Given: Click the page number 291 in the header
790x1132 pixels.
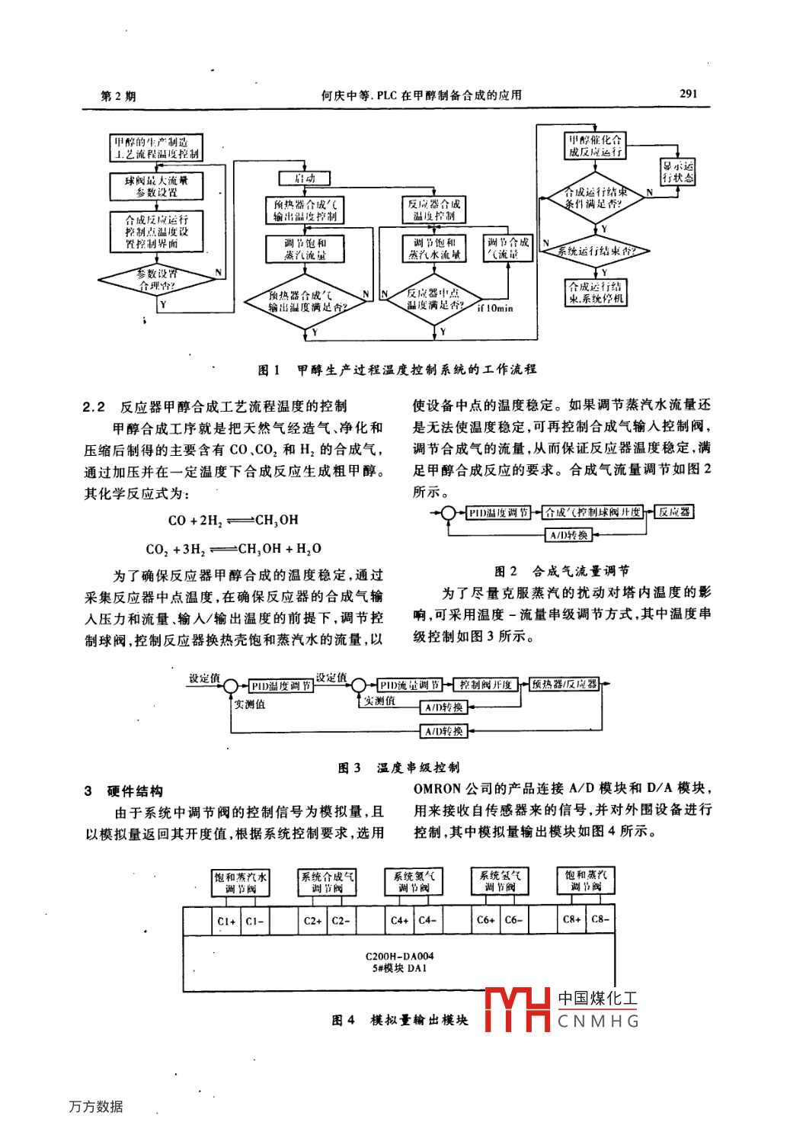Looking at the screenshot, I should (x=687, y=94).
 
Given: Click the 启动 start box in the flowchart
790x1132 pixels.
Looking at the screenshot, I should (x=304, y=178).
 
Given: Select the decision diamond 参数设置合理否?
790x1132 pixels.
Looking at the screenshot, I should (x=158, y=280).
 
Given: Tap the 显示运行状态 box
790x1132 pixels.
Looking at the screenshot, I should (x=677, y=172).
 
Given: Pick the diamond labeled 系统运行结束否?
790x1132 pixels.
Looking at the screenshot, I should (x=595, y=251).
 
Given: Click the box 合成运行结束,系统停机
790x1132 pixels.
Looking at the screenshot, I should (x=595, y=293).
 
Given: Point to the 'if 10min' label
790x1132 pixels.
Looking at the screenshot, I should (x=495, y=309).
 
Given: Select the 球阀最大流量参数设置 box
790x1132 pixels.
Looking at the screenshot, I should (x=156, y=186).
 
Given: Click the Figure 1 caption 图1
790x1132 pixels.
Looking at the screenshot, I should (x=269, y=370).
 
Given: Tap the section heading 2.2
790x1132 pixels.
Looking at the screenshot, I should (x=94, y=406).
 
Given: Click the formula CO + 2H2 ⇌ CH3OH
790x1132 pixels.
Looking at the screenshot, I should (x=233, y=521).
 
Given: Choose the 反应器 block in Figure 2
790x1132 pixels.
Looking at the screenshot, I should (x=674, y=512).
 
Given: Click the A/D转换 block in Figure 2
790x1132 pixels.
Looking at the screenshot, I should (x=569, y=535).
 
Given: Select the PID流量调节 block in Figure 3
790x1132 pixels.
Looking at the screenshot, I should (x=410, y=685).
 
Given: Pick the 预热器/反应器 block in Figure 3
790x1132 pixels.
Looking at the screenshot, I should (x=565, y=684).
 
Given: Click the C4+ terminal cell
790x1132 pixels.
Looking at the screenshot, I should (x=399, y=920).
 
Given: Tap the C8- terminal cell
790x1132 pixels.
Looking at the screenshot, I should (x=600, y=919).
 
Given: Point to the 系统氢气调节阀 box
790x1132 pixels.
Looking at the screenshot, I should (x=500, y=882).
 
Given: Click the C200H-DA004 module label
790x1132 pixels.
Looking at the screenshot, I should (x=399, y=956).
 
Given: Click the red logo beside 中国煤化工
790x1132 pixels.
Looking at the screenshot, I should (x=517, y=1009).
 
